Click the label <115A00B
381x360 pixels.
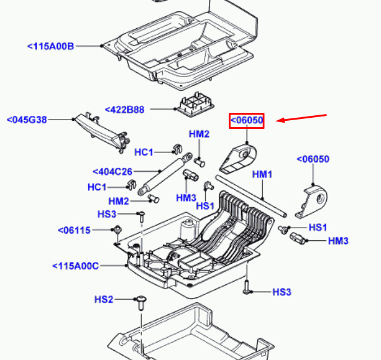pyautogui.click(x=51, y=46)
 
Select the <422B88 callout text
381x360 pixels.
pyautogui.click(x=125, y=110)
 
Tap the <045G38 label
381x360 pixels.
pyautogui.click(x=27, y=120)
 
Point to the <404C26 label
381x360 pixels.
pyautogui.click(x=112, y=172)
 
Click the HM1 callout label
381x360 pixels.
pyautogui.click(x=262, y=174)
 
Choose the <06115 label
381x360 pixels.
pyautogui.click(x=74, y=231)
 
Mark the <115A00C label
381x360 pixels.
pyautogui.click(x=76, y=266)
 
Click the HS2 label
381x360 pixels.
pyautogui.click(x=104, y=300)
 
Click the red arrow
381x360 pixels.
pyautogui.click(x=301, y=118)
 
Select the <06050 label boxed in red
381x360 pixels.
pyautogui.click(x=247, y=120)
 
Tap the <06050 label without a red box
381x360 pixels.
pyautogui.click(x=313, y=159)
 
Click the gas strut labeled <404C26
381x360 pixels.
pyautogui.click(x=165, y=174)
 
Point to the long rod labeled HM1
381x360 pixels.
pyautogui.click(x=252, y=196)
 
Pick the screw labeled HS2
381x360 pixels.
pyautogui.click(x=141, y=303)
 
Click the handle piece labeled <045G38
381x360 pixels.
pyautogui.click(x=103, y=132)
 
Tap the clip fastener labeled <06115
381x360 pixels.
pyautogui.click(x=118, y=230)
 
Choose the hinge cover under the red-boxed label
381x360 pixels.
pyautogui.click(x=238, y=159)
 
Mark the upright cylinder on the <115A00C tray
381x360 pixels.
pyautogui.click(x=186, y=229)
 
